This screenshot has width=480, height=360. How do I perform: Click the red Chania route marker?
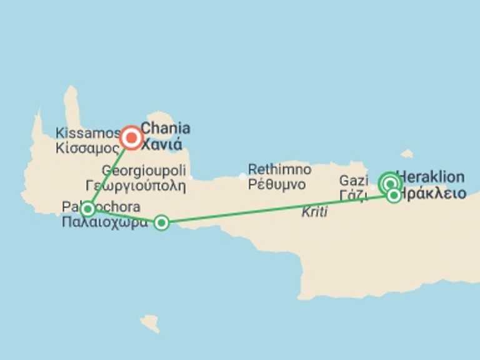click(131, 137)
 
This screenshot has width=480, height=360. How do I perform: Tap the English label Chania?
click(166, 129)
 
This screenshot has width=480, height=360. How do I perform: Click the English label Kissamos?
click(87, 133)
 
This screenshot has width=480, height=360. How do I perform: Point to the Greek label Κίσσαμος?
click(87, 149)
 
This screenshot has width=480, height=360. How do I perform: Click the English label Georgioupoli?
click(144, 171)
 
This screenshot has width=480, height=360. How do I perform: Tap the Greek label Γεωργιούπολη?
click(136, 185)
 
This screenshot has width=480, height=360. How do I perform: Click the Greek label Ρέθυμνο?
click(276, 184)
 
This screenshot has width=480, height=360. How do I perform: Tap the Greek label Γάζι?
click(352, 196)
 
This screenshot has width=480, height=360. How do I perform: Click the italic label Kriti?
click(314, 212)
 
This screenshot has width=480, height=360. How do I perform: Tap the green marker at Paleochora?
click(88, 209)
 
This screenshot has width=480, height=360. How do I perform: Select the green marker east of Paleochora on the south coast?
click(161, 222)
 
